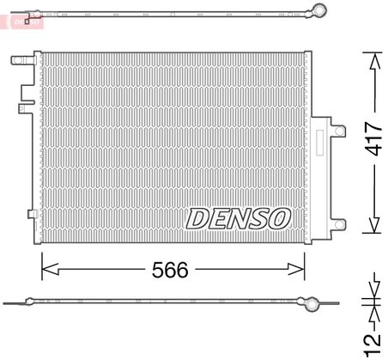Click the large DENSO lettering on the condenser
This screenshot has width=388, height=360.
point(239,218)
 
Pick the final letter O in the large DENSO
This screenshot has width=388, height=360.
point(279,218)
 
